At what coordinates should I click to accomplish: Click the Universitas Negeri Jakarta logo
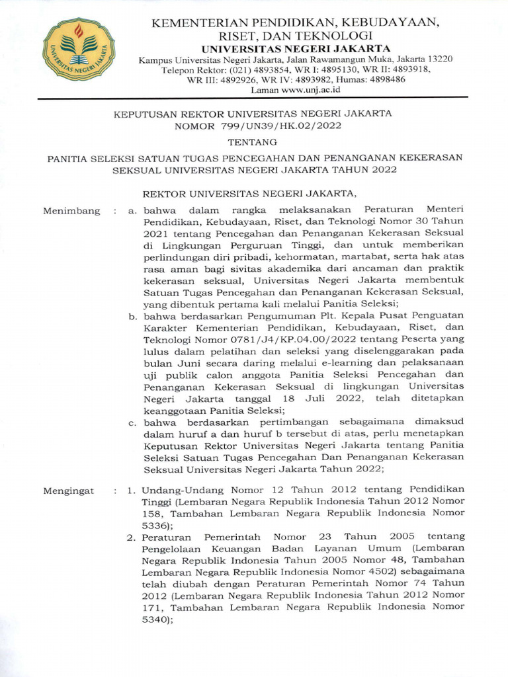pos(79,49)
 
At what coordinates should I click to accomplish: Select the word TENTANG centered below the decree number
pos(253,142)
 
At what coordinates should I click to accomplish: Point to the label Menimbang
pos(71,211)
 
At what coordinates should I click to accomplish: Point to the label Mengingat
pos(69,491)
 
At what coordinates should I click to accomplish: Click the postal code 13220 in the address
pos(439,59)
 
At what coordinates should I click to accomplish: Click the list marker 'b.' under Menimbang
pos(133,315)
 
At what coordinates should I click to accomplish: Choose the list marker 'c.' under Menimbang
pos(133,422)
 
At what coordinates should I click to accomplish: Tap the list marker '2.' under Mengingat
pos(132,536)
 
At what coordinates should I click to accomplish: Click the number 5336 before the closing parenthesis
pos(155,525)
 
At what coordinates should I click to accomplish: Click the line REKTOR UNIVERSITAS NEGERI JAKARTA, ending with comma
pos(251,194)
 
